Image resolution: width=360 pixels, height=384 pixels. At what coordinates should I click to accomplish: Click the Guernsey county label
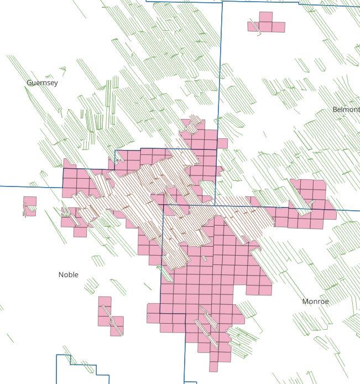pos(42,82)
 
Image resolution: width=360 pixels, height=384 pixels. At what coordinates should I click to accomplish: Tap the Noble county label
pos(68,274)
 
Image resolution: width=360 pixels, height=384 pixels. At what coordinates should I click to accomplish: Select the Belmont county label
pos(346,110)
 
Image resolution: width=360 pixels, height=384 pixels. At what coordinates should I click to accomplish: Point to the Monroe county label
pos(315,302)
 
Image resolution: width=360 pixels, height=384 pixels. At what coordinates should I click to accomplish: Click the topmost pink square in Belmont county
pos(265,17)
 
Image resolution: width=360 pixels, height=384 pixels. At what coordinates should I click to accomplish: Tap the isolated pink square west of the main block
pos(30,205)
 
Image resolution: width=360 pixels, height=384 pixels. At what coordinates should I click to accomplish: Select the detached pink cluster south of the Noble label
pos(109,317)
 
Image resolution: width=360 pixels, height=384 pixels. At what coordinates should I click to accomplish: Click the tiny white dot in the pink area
pos(149,317)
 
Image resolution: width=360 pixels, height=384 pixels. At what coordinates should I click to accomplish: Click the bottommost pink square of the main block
pos(213,366)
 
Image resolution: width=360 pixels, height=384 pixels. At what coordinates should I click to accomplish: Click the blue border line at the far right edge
pos(348,210)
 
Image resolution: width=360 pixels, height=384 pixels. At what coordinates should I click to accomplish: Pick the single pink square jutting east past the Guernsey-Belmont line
pos(222,143)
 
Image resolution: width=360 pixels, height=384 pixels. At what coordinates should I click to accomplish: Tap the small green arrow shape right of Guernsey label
pos(63,70)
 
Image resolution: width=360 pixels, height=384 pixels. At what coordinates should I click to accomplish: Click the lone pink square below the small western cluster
pos(80,232)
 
